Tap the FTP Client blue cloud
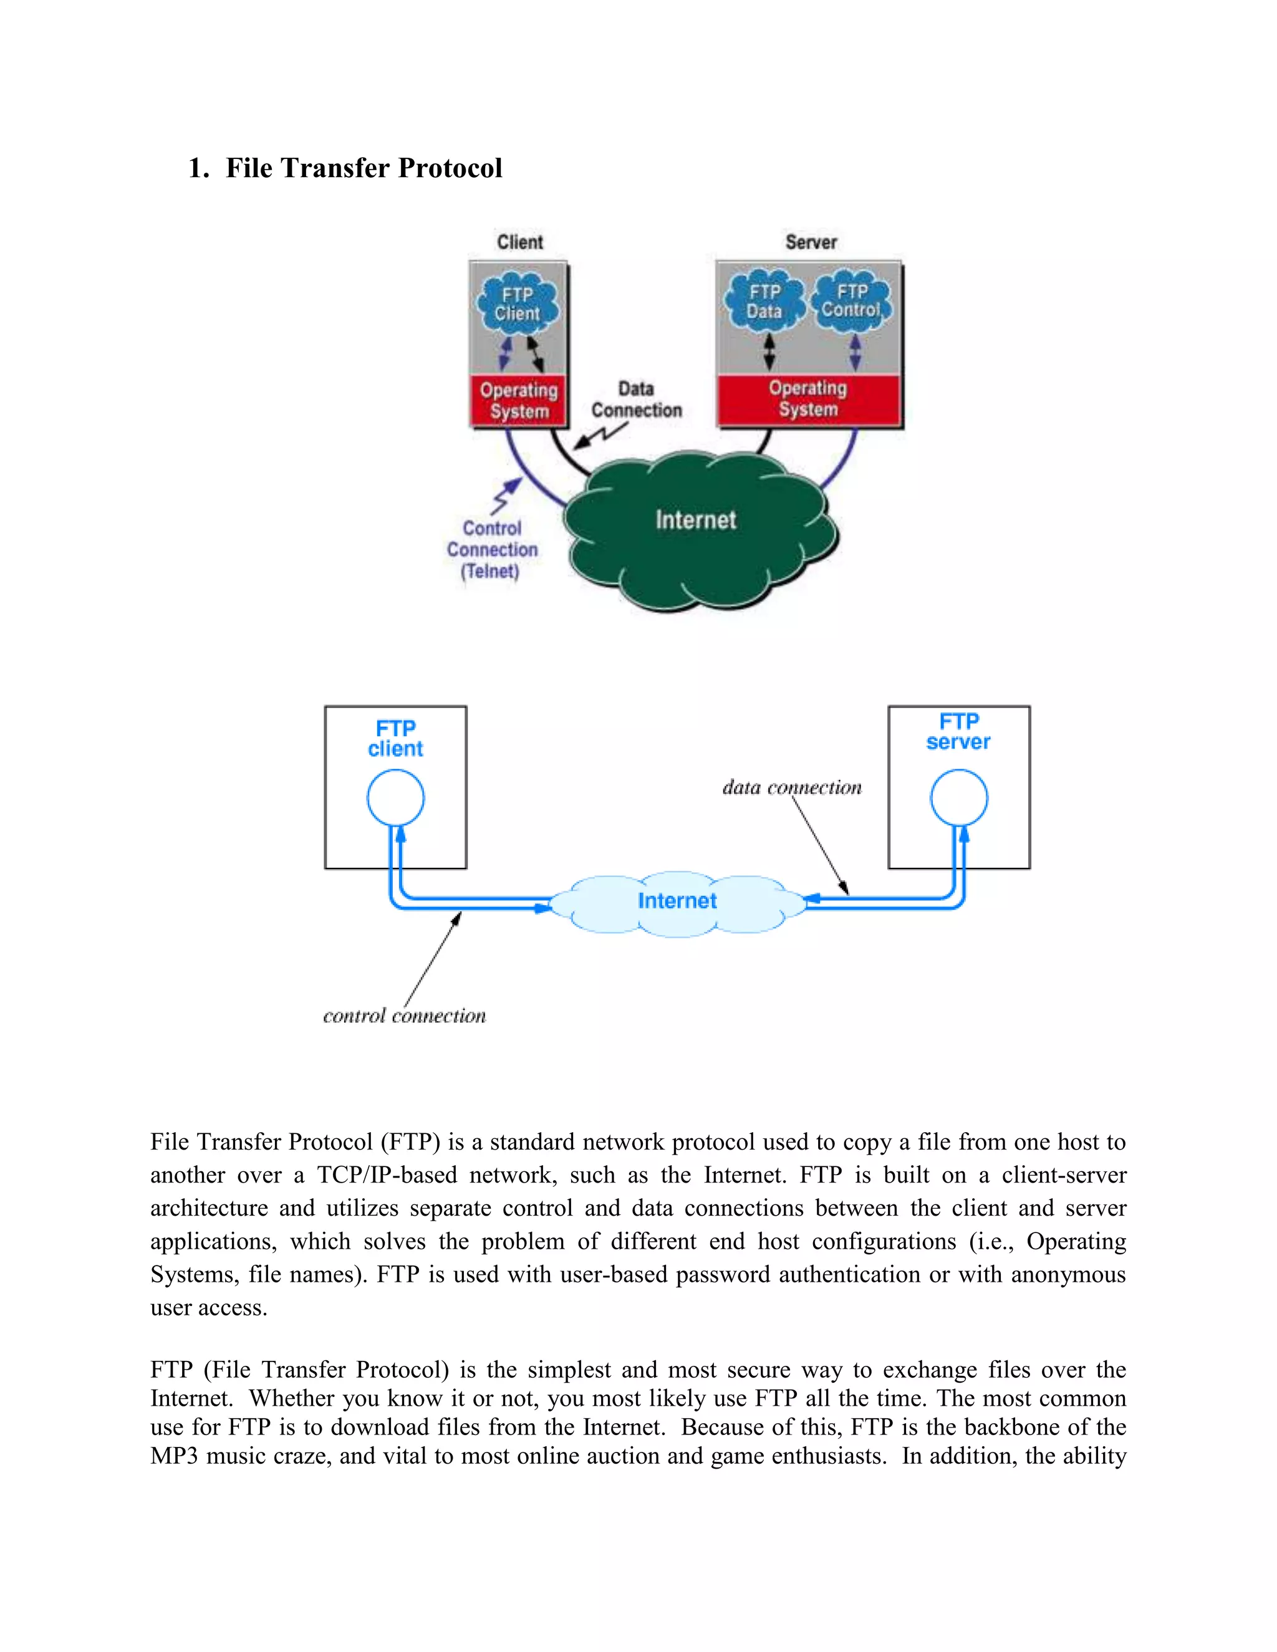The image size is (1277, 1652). coord(518,304)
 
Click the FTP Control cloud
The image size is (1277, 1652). coord(852,301)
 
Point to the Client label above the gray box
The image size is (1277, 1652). coord(520,242)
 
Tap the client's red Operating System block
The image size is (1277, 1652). coord(518,401)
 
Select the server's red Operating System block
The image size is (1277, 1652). coord(808,398)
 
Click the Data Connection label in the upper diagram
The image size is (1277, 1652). coord(636,400)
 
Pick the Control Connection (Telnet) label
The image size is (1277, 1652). coord(492,550)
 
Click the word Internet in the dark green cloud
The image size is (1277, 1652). coord(695,521)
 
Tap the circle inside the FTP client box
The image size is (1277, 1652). coord(396,798)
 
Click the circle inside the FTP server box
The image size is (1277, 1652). coord(958,798)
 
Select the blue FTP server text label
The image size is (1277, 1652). coord(958,731)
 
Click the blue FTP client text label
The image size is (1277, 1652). coord(396,738)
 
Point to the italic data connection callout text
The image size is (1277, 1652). coord(791,787)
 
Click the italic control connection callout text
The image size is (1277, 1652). coord(404,1016)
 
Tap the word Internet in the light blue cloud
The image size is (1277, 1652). coord(677,901)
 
